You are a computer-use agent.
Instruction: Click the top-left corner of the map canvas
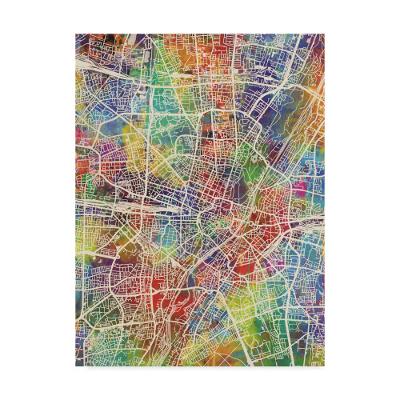click(77, 34)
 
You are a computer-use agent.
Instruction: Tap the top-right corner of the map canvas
click(324, 34)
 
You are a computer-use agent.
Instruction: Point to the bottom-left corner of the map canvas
click(77, 366)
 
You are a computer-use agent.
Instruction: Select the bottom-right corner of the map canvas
click(324, 366)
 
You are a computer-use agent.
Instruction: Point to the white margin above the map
click(200, 16)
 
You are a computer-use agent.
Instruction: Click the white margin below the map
click(200, 383)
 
